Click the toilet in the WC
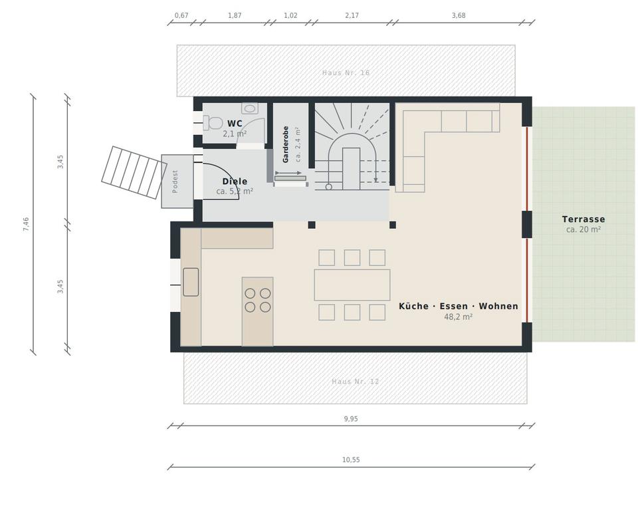(213, 122)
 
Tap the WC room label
(235, 124)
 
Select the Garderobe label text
(286, 144)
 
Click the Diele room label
(235, 182)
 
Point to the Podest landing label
(175, 182)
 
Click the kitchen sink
(191, 282)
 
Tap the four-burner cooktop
(258, 300)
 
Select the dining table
(352, 285)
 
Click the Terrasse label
(584, 219)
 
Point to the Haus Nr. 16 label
(346, 73)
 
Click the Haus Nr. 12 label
(355, 382)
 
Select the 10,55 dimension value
(351, 459)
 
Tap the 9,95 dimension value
(351, 419)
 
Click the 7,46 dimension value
(26, 224)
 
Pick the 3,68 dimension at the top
(459, 15)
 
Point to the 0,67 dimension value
(181, 15)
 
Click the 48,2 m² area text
(458, 317)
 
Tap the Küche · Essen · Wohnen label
(459, 307)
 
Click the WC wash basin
(250, 108)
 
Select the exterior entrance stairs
(134, 173)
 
